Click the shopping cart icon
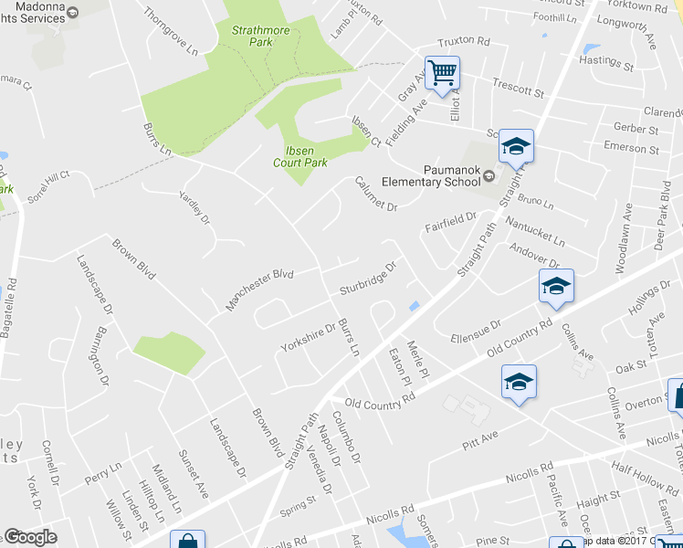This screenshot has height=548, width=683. click(x=442, y=72)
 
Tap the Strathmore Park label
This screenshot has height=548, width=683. click(x=253, y=36)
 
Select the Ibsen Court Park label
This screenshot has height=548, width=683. click(x=299, y=156)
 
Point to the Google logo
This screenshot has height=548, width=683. click(x=30, y=537)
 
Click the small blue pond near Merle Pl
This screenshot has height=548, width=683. click(x=415, y=306)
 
